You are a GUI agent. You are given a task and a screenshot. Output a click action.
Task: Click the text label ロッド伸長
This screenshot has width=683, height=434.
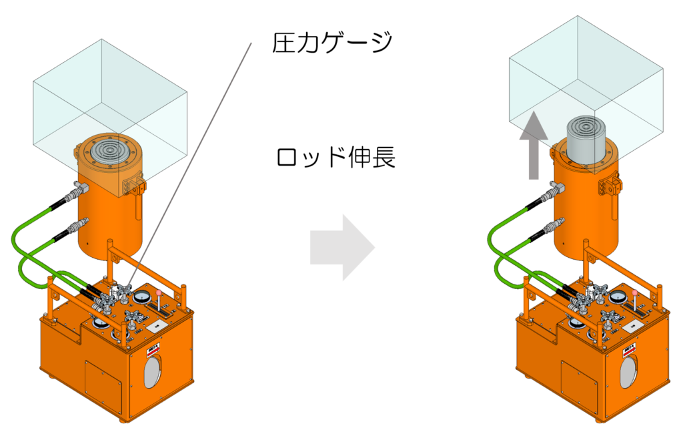(335, 158)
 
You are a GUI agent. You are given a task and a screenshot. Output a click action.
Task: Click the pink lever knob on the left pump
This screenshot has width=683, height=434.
(159, 293)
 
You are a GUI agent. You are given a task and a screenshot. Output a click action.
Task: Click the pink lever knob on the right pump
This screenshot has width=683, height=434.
(636, 293)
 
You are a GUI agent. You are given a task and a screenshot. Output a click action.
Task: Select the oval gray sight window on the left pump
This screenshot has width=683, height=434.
(152, 371)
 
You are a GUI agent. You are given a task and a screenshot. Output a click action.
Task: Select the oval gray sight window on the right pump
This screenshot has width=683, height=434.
(628, 371)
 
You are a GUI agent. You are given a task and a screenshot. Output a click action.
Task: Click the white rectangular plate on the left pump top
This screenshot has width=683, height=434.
(156, 325)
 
